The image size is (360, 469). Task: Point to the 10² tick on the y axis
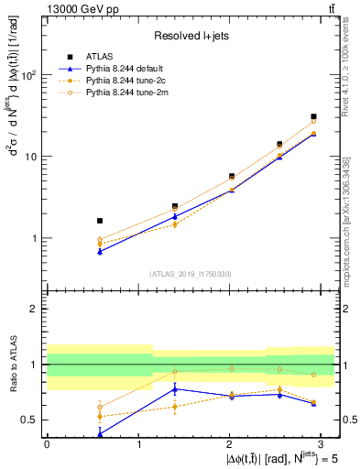pyautogui.click(x=27, y=75)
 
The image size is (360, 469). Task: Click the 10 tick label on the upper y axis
pyautogui.click(x=31, y=157)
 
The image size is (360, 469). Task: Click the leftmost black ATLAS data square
pyautogui.click(x=99, y=221)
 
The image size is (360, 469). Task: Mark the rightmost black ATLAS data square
pyautogui.click(x=313, y=117)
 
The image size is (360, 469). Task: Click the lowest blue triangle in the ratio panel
pyautogui.click(x=99, y=434)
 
